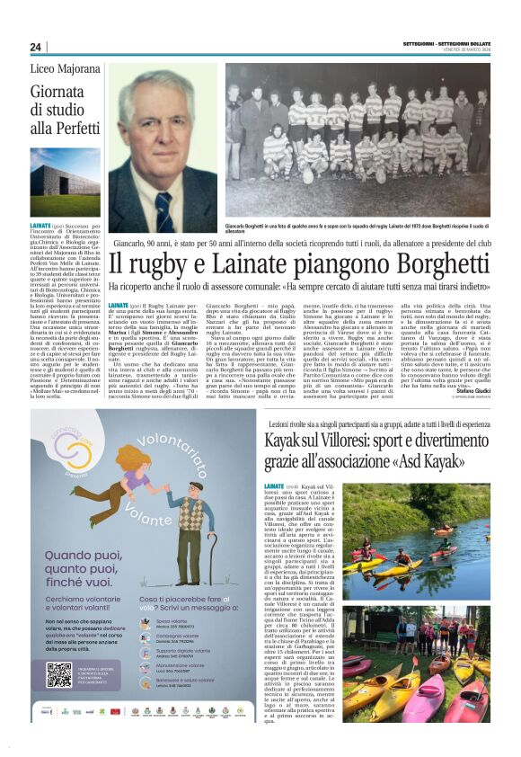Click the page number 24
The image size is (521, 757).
35,47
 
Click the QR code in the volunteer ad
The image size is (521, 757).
58,674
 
